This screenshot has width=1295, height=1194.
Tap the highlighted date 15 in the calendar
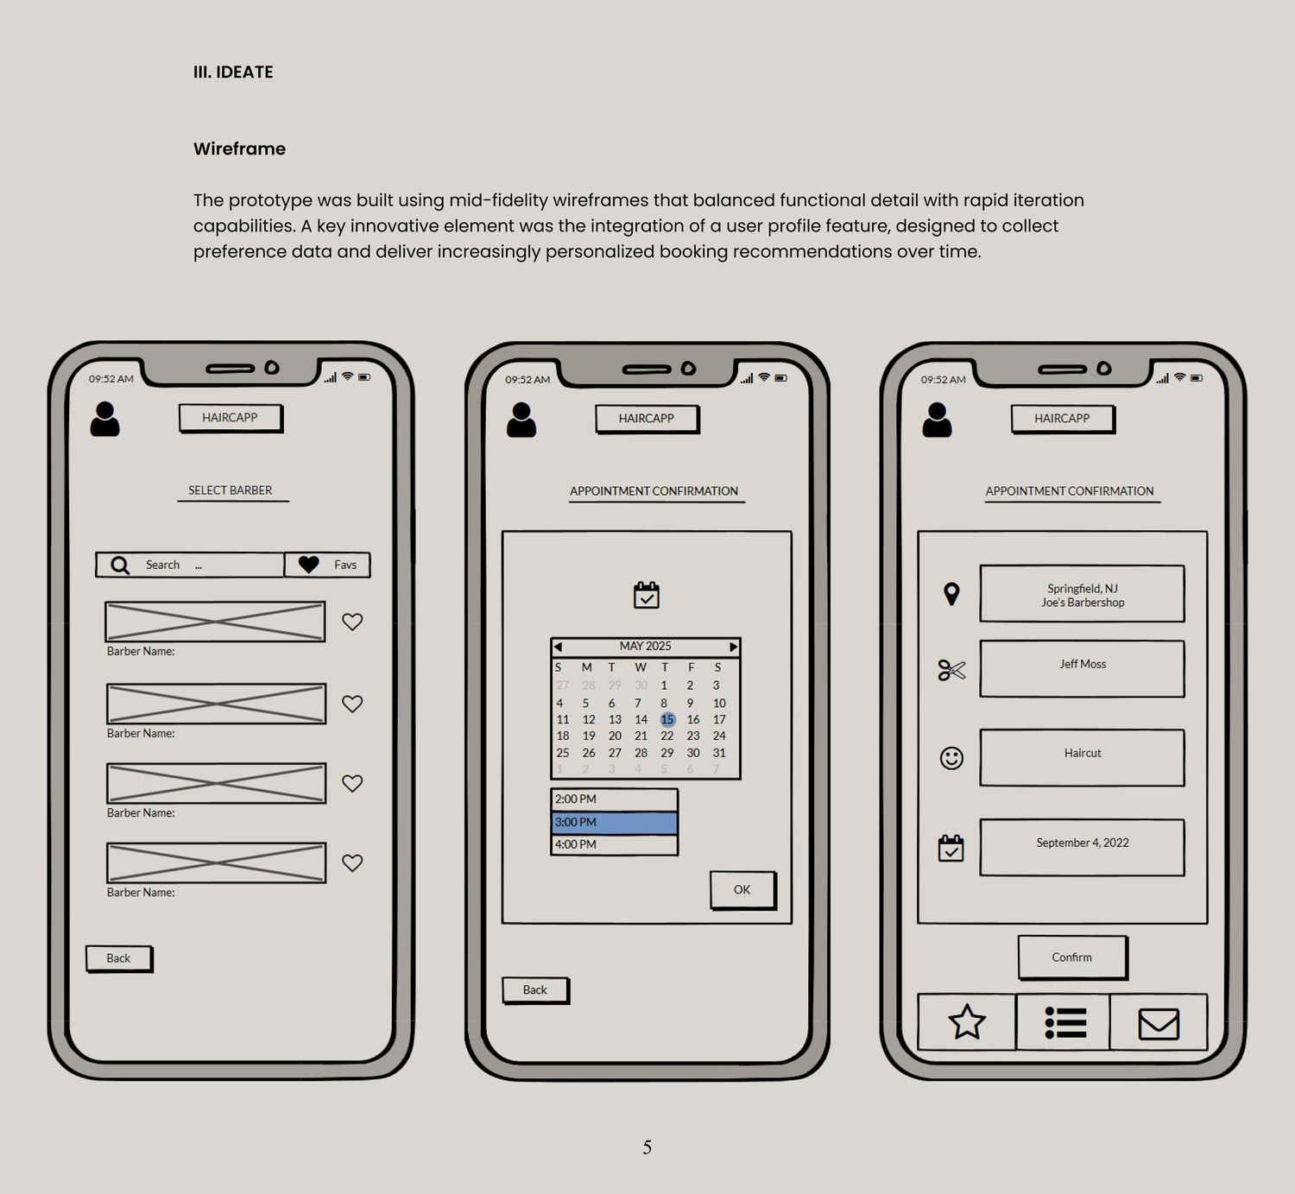[x=667, y=719]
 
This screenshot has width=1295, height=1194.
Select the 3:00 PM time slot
[x=614, y=822]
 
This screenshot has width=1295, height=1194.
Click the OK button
[x=742, y=889]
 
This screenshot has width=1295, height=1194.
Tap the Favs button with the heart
[x=327, y=565]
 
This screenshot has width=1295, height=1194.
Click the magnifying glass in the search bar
[x=120, y=565]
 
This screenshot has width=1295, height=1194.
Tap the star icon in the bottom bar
[x=967, y=1021]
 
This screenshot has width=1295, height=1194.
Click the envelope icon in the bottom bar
[x=1159, y=1023]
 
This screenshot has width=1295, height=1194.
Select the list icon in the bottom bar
[x=1065, y=1022]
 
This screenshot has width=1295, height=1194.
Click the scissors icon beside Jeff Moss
[x=951, y=670]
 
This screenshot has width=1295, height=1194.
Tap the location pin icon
[x=951, y=593]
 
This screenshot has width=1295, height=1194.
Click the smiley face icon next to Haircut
[x=951, y=758]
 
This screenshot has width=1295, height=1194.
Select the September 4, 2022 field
[x=1082, y=847]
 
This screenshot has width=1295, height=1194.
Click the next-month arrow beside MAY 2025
[x=734, y=647]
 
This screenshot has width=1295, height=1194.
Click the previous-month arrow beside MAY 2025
[x=558, y=647]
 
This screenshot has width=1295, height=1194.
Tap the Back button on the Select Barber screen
[x=119, y=958]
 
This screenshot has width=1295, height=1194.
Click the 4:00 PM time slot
[x=614, y=844]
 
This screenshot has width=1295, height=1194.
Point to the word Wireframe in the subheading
[x=239, y=148]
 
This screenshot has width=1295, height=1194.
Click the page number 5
[x=647, y=1147]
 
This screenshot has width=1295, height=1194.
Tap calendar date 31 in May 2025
[x=719, y=753]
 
